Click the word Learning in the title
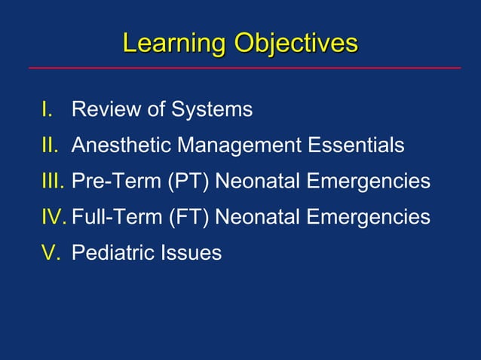(x=175, y=43)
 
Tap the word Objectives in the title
(x=296, y=43)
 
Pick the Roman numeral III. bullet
(x=53, y=181)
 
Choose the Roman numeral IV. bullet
(x=54, y=217)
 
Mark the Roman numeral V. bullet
(x=51, y=252)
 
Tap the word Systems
(x=212, y=110)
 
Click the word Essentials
(x=357, y=145)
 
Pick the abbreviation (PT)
(x=191, y=181)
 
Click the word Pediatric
(x=111, y=252)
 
